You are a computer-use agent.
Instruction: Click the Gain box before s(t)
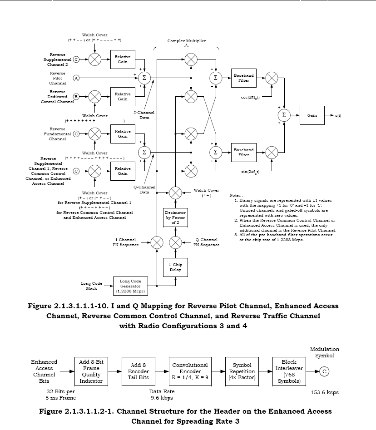pos(312,115)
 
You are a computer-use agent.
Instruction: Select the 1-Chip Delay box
pos(175,267)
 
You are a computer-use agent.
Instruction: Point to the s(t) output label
pos(338,115)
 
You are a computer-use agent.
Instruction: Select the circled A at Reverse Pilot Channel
pos(76,78)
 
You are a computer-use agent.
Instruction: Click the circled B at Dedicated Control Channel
pos(76,96)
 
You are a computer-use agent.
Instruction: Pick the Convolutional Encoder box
pos(190,371)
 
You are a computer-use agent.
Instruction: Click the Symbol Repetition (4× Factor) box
pos(242,371)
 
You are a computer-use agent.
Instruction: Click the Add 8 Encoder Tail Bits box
pos(139,371)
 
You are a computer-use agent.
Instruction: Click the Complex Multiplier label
pos(186,41)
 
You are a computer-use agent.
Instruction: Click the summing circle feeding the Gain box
pos(284,115)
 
